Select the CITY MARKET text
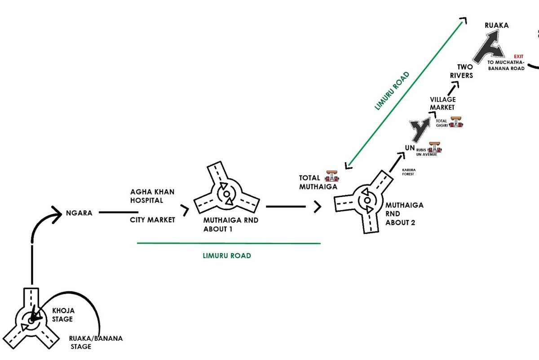(152, 220)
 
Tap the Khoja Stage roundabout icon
(31, 320)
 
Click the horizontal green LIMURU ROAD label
(226, 255)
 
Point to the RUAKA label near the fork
(497, 26)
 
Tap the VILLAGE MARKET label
(442, 103)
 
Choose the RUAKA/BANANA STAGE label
(96, 342)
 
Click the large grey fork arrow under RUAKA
(490, 50)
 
